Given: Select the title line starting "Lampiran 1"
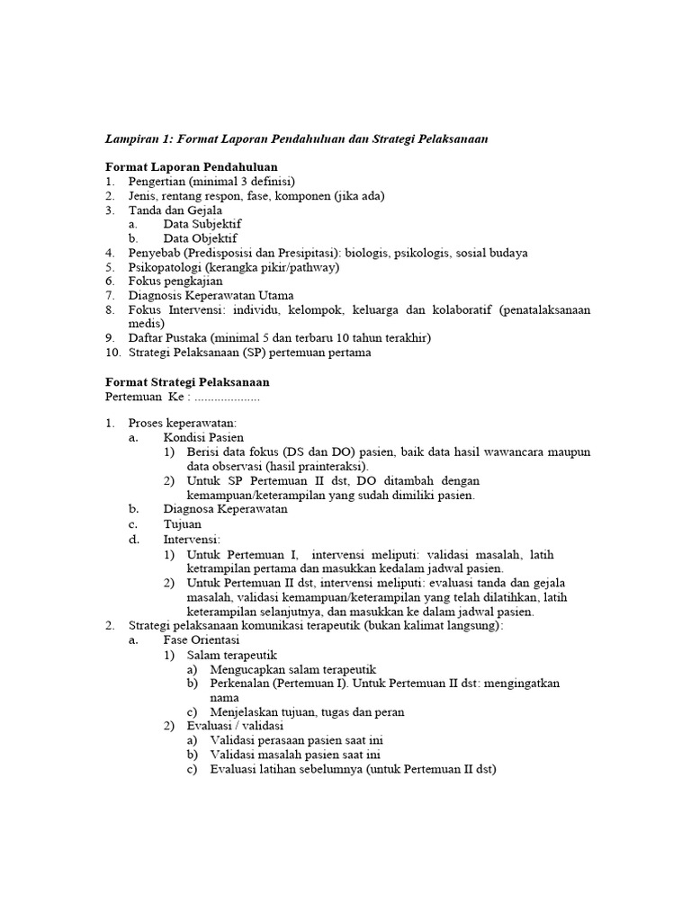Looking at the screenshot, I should (297, 139).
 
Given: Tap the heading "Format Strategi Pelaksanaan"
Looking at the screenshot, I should (187, 381).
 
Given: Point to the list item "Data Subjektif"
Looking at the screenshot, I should (202, 224).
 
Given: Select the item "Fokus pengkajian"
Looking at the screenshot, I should (175, 282).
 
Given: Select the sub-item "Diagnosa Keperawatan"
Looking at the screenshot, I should (225, 509).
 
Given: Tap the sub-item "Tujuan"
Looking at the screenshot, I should (183, 523).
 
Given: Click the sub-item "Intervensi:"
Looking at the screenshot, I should (192, 539).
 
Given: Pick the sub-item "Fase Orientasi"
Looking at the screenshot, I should (201, 640).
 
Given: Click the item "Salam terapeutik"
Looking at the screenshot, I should (233, 655).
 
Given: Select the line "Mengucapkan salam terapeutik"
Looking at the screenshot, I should (292, 669).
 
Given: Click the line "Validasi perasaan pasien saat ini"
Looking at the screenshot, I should (299, 740).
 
